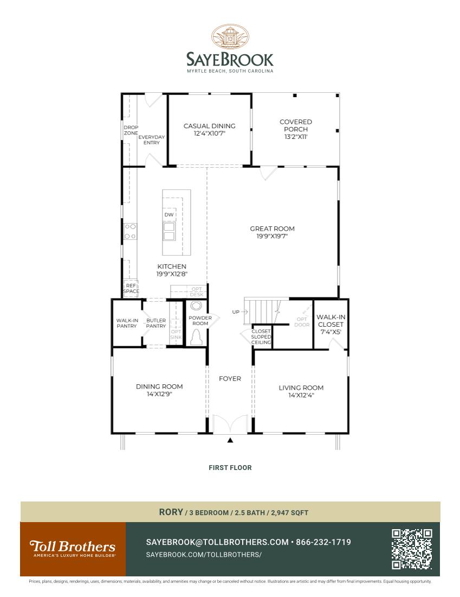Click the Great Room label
click(x=272, y=228)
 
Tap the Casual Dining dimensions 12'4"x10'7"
click(x=204, y=133)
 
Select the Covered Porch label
click(x=295, y=125)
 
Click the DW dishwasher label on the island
click(x=169, y=215)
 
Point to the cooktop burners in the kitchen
click(x=130, y=231)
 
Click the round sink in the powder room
click(x=197, y=305)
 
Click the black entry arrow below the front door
click(x=230, y=440)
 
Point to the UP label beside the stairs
click(x=236, y=312)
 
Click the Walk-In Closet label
click(x=330, y=320)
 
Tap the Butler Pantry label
click(x=156, y=323)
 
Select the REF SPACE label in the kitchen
click(x=131, y=288)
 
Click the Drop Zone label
click(x=131, y=130)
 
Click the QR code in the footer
click(x=412, y=549)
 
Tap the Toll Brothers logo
click(x=73, y=548)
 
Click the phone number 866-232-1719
click(x=323, y=542)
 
